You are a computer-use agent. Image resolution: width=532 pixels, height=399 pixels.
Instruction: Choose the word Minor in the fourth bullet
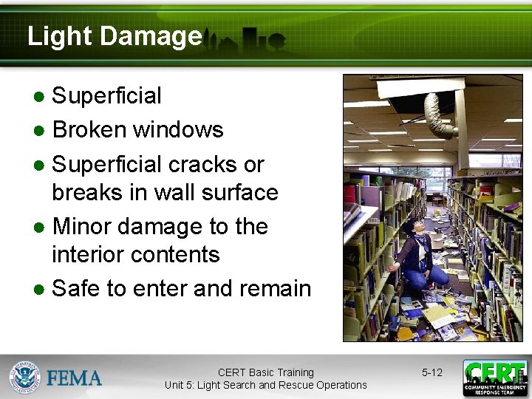tap(86, 226)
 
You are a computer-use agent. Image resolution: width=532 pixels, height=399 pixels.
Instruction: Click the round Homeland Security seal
tap(25, 378)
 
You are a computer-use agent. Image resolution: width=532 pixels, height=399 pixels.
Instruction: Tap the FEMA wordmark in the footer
tap(75, 378)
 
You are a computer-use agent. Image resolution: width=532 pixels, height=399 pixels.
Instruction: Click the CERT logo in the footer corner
tap(494, 378)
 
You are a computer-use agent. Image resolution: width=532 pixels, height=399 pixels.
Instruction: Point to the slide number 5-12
tap(432, 372)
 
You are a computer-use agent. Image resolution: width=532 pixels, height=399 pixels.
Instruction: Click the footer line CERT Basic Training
tap(265, 372)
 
